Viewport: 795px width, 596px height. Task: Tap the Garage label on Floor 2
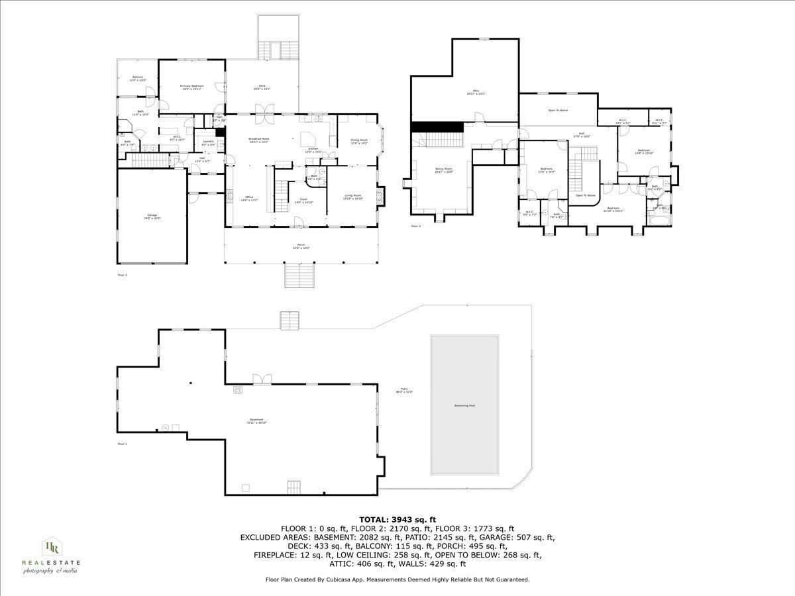click(152, 216)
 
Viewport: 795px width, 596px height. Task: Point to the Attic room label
click(476, 92)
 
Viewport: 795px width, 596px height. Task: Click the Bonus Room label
click(443, 170)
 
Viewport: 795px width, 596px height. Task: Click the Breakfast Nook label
click(258, 140)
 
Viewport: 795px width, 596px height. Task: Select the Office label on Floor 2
click(249, 198)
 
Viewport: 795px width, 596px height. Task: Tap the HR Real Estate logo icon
click(52, 547)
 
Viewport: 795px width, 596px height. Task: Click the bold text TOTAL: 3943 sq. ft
click(397, 519)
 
